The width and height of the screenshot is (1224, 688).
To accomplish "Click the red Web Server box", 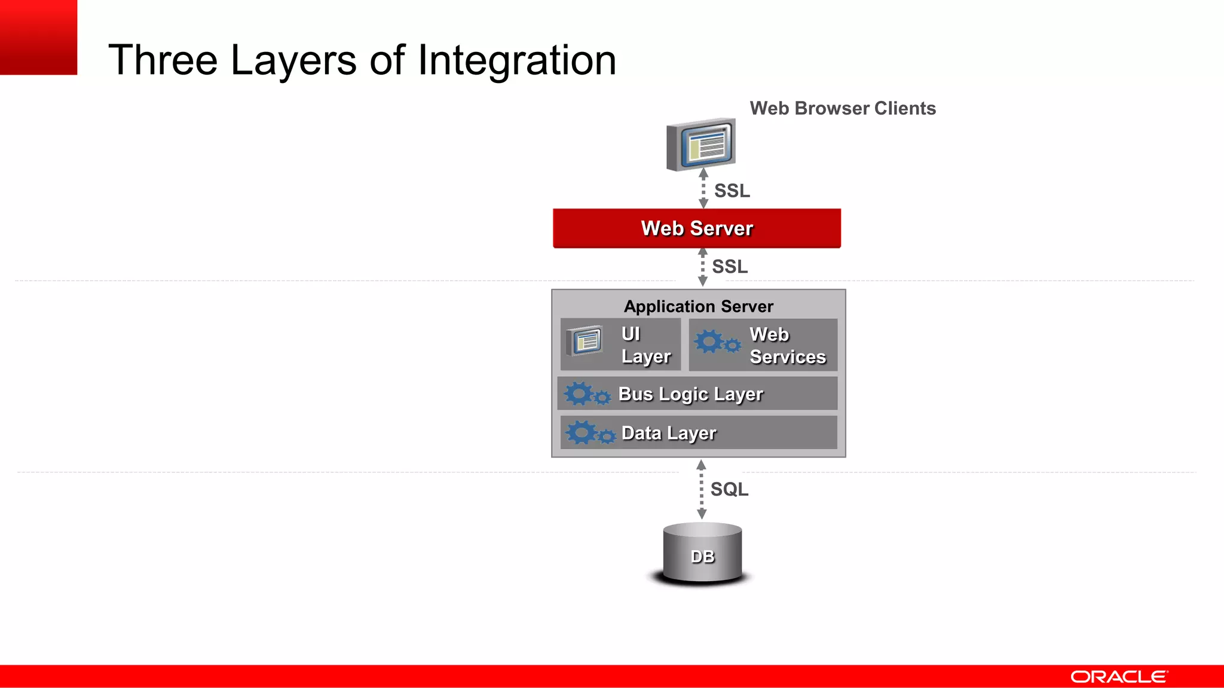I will click(697, 228).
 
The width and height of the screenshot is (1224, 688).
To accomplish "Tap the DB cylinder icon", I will click(702, 553).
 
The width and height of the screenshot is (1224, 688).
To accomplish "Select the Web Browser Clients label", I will click(843, 108).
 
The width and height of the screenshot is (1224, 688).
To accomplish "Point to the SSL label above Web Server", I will click(732, 191).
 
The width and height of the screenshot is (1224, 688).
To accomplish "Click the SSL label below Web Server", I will click(730, 266).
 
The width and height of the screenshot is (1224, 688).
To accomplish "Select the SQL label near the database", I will click(729, 489).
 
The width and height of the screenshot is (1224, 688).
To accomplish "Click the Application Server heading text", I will click(699, 306).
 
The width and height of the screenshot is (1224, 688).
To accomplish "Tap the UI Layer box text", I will click(645, 345).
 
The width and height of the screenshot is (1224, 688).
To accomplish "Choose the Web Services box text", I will click(787, 345).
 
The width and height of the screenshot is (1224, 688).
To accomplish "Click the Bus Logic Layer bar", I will click(697, 394).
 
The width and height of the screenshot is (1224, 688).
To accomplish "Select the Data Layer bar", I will click(698, 432).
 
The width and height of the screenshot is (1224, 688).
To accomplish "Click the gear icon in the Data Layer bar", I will click(589, 432).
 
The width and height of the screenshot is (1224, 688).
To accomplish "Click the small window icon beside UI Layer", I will click(585, 341).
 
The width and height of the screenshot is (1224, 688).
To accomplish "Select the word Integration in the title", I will click(517, 60).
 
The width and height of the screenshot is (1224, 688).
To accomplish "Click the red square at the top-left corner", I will click(38, 37).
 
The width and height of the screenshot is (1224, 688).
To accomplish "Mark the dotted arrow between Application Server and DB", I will click(702, 489).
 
